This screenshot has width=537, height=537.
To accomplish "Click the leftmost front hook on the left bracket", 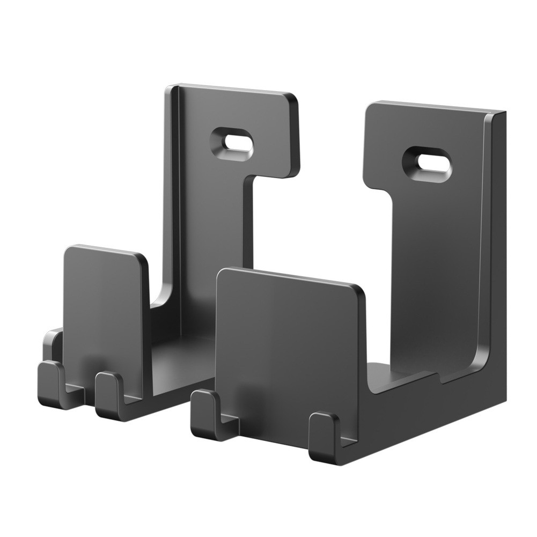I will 52,384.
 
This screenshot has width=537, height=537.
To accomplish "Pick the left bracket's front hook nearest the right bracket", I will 109,394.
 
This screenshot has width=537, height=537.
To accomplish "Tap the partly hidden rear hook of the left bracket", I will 53,343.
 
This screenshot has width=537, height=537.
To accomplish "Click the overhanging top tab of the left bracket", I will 268,134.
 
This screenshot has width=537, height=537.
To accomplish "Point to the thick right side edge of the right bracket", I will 498,258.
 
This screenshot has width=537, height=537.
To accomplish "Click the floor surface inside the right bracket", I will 386,376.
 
